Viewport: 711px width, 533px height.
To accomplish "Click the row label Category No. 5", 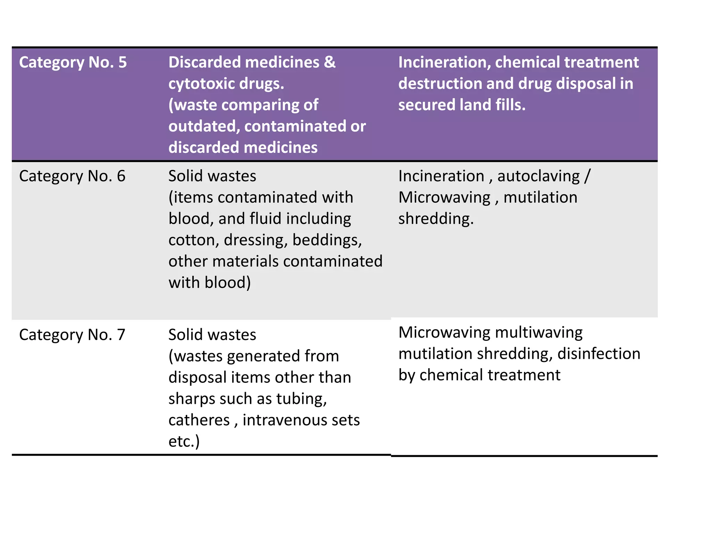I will pyautogui.click(x=73, y=62).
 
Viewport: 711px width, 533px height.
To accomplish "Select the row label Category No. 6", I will pyautogui.click(x=72, y=176).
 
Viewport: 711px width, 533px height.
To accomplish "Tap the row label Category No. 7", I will pyautogui.click(x=72, y=335).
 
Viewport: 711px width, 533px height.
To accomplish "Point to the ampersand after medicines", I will pyautogui.click(x=330, y=62).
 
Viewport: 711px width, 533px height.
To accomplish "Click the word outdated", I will pyautogui.click(x=204, y=127).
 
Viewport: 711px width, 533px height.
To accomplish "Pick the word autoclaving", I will pyautogui.click(x=538, y=176).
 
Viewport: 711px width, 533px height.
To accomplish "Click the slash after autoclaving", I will pyautogui.click(x=587, y=176).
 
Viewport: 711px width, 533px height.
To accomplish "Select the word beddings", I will pyautogui.click(x=327, y=240).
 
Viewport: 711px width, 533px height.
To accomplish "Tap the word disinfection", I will pyautogui.click(x=599, y=354).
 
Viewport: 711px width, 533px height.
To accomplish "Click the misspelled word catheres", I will pyautogui.click(x=199, y=420).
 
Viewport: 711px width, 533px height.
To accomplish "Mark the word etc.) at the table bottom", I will pyautogui.click(x=184, y=442).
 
